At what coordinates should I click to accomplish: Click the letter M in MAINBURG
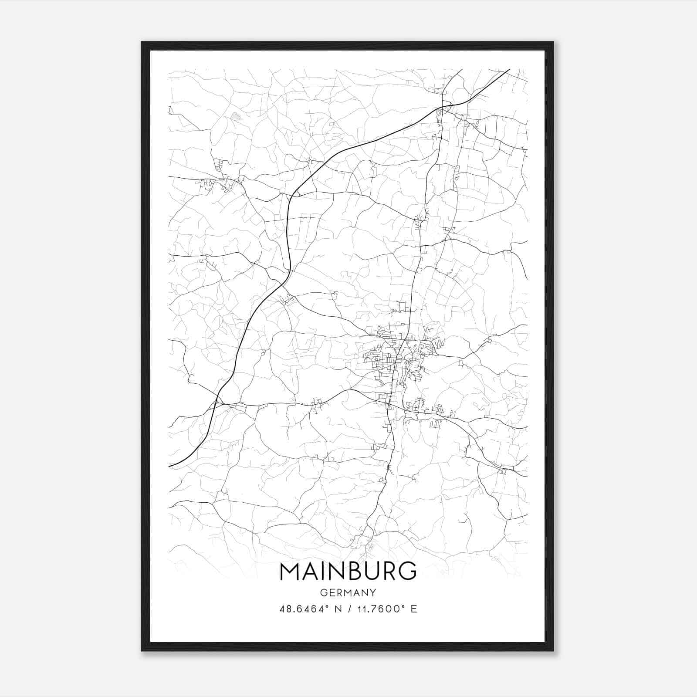[x=291, y=571]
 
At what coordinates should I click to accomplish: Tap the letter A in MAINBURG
[x=312, y=571]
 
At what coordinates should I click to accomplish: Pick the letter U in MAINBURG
[x=376, y=571]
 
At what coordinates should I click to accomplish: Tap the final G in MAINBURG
[x=408, y=571]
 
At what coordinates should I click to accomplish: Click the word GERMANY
[x=348, y=592]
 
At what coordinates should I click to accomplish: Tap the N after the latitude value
[x=337, y=609]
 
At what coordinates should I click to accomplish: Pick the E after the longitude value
[x=414, y=609]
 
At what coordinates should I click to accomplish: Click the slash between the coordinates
[x=348, y=609]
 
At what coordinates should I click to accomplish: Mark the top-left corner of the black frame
[x=142, y=43]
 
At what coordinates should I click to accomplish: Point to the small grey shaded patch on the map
[x=235, y=116]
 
